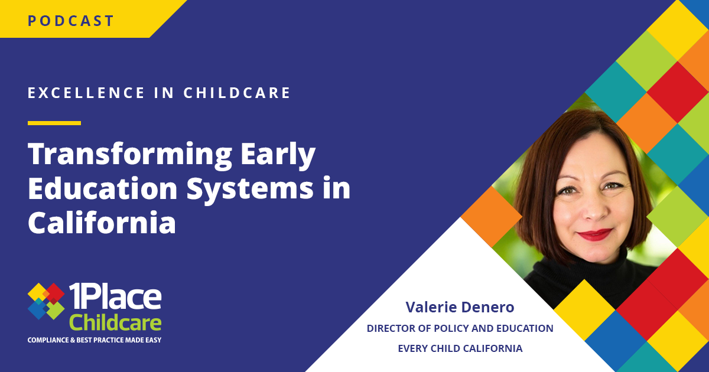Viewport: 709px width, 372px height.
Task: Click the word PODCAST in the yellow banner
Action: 70,21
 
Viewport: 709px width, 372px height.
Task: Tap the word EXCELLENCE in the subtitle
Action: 86,93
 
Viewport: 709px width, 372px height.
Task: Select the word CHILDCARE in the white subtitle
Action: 237,93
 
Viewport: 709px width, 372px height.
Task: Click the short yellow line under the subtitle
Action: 54,123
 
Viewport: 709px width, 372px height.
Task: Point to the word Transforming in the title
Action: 130,155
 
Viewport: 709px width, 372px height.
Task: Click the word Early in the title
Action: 278,155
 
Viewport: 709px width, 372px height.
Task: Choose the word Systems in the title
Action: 250,188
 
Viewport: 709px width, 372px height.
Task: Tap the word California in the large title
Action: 102,222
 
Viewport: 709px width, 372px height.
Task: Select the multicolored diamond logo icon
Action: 46,301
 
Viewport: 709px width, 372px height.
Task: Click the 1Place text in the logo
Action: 115,296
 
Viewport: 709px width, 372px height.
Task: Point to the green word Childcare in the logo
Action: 115,322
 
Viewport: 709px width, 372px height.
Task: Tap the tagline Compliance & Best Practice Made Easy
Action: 95,340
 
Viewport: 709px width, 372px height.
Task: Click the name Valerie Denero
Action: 460,307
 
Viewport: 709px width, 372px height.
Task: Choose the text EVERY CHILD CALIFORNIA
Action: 460,348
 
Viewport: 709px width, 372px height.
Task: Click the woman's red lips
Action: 594,234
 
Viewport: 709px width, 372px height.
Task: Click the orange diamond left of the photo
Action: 491,217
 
